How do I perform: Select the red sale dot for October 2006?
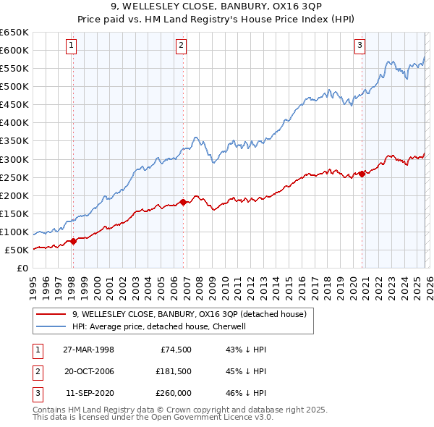tap(183, 202)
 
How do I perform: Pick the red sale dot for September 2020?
tap(362, 174)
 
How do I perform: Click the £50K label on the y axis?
tap(17, 250)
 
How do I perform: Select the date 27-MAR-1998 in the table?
tap(89, 349)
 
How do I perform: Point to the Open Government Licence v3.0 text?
tap(210, 417)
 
